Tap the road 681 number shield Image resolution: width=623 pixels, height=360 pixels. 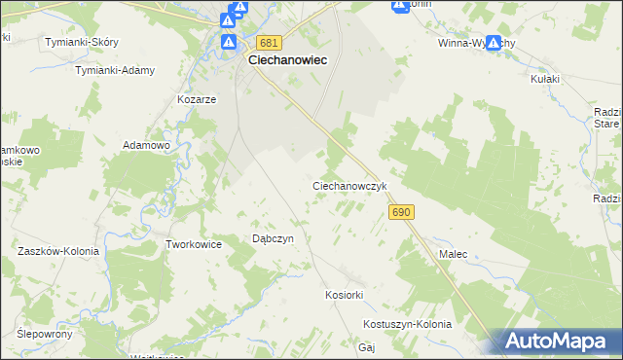tap(270, 43)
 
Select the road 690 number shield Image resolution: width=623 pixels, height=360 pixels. tap(401, 211)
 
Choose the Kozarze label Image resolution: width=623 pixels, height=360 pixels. tap(196, 99)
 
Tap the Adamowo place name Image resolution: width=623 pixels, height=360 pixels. tap(146, 145)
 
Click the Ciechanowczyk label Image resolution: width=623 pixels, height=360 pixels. tap(350, 185)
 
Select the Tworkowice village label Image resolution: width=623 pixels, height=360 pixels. tap(195, 244)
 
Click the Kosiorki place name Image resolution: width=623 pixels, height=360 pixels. tap(344, 294)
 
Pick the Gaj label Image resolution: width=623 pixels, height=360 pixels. tap(367, 346)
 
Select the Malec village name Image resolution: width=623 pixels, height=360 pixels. tap(453, 254)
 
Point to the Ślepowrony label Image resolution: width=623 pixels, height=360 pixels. tap(45, 333)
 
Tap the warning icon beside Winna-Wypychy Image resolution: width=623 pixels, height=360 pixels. tap(494, 43)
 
